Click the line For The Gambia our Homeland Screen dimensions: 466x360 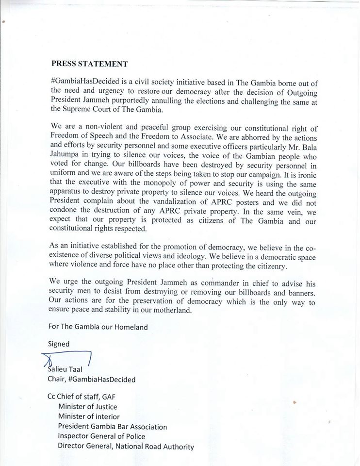98,328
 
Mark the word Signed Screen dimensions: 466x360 59,344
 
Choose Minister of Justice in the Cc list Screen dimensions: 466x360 87,407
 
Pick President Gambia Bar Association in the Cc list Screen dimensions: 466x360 113,427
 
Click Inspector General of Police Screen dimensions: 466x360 101,436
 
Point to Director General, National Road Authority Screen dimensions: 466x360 126,447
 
